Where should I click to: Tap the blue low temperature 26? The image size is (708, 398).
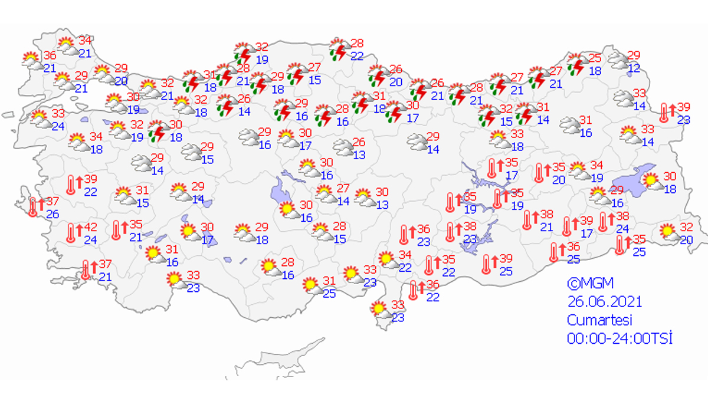coord(53,214)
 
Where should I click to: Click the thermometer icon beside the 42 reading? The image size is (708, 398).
coord(71,233)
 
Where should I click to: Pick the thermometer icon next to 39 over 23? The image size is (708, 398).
coord(666,112)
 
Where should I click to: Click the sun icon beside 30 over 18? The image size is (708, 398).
coord(650,182)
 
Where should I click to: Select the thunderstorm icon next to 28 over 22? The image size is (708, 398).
coord(339,50)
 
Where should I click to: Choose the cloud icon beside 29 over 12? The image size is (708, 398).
coord(618,60)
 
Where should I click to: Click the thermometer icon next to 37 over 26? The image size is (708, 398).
coord(34,207)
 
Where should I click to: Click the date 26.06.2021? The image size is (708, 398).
coord(604,302)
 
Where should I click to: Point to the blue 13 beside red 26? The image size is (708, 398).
coord(359,155)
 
